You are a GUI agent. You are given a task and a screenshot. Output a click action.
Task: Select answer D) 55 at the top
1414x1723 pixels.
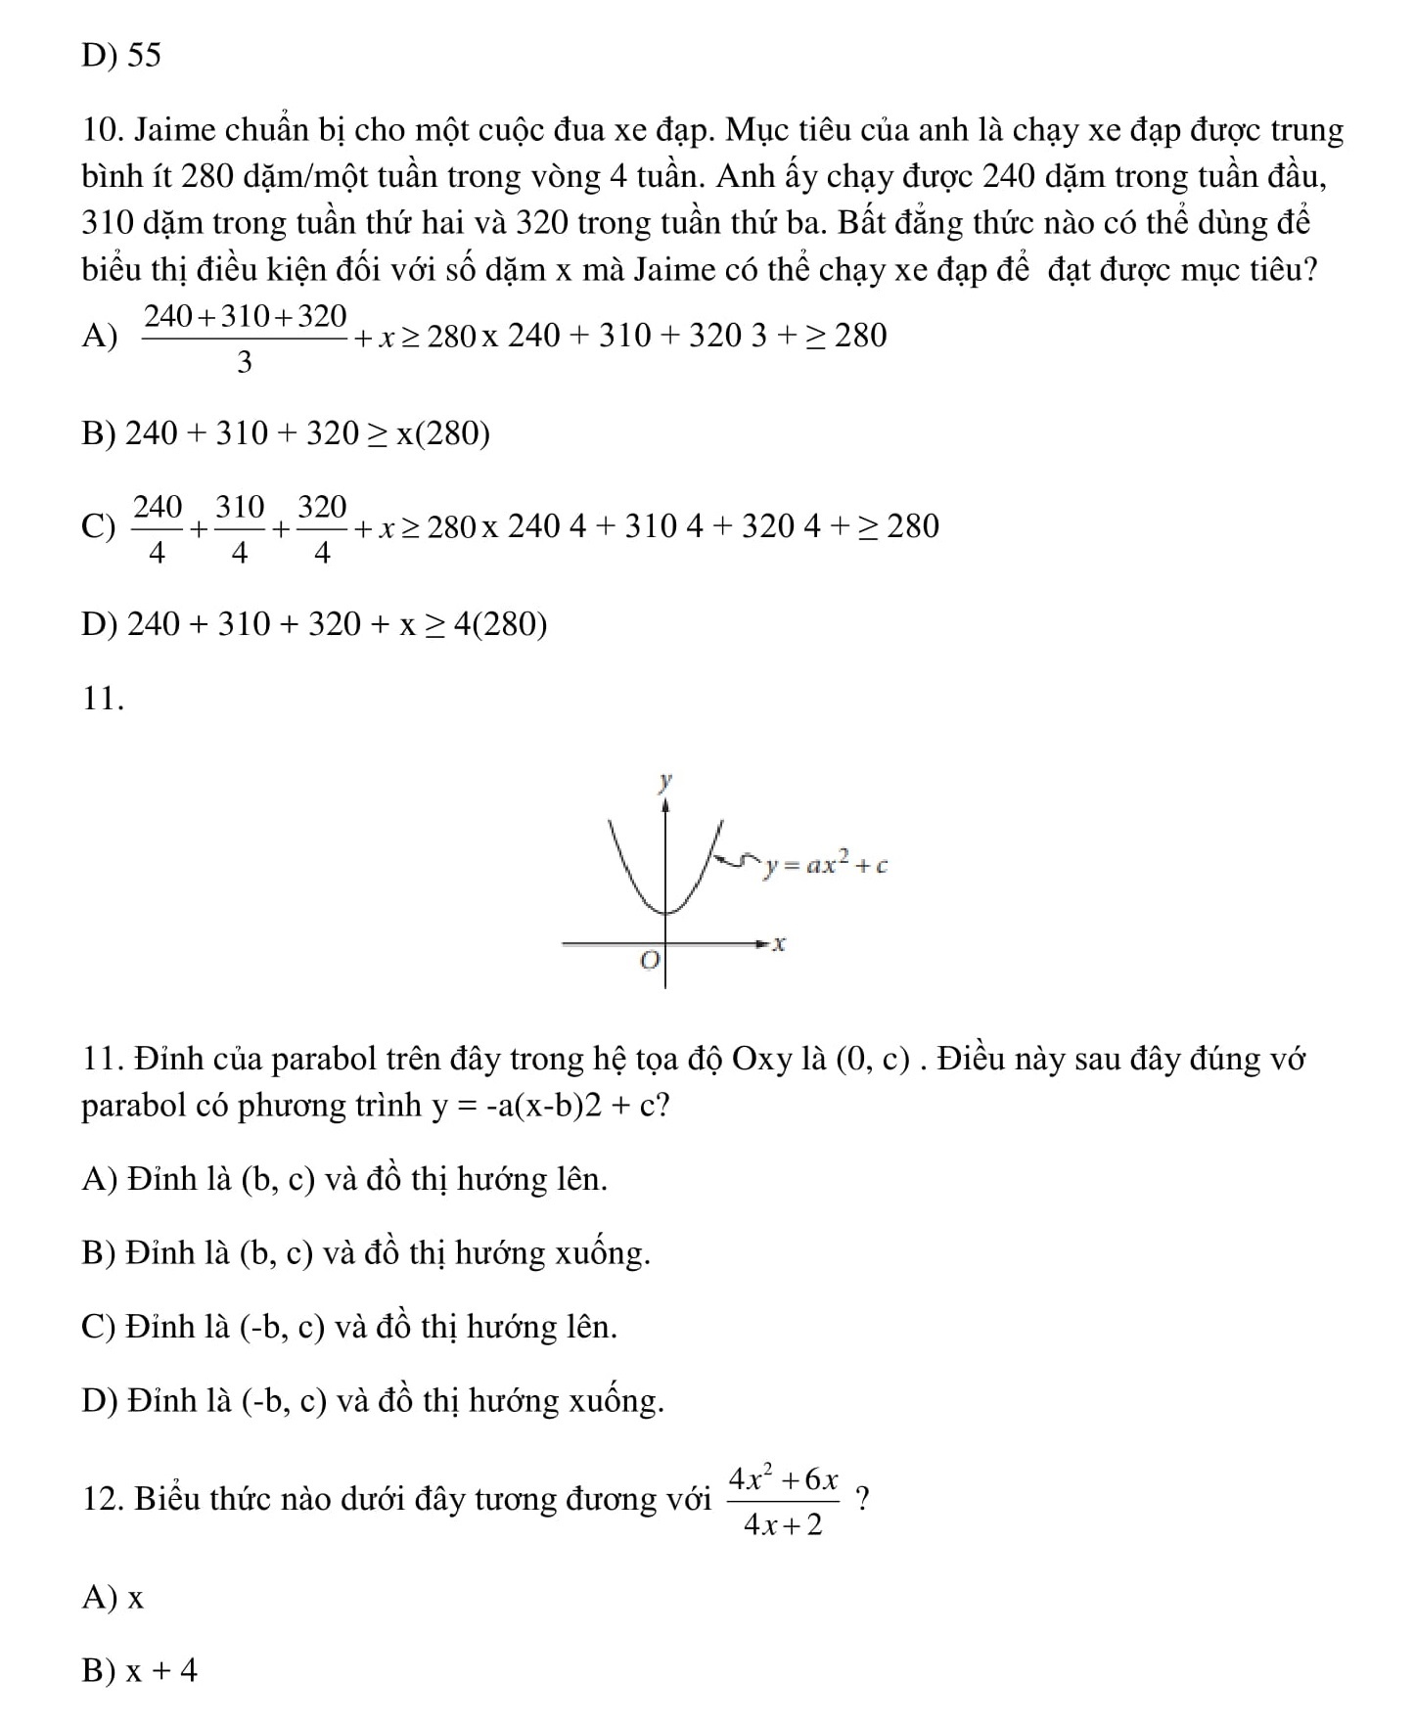pyautogui.click(x=121, y=56)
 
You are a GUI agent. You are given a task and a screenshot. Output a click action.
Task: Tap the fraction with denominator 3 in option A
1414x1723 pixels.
pyautogui.click(x=245, y=338)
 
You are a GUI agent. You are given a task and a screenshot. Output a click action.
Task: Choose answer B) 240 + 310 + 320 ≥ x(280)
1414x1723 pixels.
pyautogui.click(x=286, y=432)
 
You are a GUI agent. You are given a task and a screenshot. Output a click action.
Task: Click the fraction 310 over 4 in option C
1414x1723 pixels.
pyautogui.click(x=240, y=528)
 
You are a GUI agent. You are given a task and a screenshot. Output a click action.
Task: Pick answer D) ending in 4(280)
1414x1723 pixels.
pyautogui.click(x=314, y=623)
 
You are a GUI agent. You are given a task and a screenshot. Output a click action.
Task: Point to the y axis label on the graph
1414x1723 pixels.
pyautogui.click(x=665, y=781)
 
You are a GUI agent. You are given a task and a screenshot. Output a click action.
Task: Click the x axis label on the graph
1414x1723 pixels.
pyautogui.click(x=780, y=944)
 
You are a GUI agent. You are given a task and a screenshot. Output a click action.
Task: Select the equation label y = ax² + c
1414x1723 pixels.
pyautogui.click(x=827, y=864)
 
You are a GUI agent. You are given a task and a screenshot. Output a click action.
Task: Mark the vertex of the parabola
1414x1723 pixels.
pyautogui.click(x=666, y=913)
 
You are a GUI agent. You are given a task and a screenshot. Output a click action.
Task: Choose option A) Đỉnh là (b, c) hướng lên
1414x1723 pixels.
pyautogui.click(x=344, y=1179)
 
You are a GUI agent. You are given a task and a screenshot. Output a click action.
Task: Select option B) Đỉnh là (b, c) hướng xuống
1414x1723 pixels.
pyautogui.click(x=366, y=1253)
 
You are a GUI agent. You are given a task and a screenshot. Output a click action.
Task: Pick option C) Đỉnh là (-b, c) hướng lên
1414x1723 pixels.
pyautogui.click(x=349, y=1328)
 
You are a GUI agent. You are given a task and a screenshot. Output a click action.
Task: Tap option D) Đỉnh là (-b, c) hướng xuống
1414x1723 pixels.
pyautogui.click(x=373, y=1401)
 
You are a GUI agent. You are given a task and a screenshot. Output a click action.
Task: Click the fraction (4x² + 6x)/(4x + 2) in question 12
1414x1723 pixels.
pyautogui.click(x=784, y=1500)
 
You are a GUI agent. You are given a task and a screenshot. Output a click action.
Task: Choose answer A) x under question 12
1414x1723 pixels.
pyautogui.click(x=114, y=1598)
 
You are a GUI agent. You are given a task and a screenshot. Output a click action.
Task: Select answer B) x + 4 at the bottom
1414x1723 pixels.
pyautogui.click(x=140, y=1671)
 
